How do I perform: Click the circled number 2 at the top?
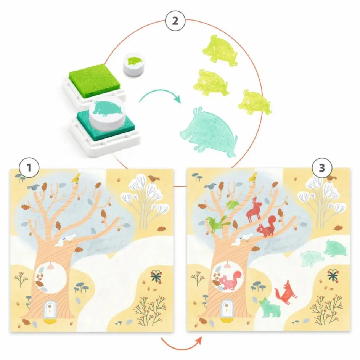[x=175, y=21]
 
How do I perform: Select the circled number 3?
[x=322, y=168]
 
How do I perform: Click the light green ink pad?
[x=94, y=81]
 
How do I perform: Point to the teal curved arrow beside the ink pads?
[x=160, y=95]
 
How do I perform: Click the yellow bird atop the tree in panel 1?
[x=76, y=178]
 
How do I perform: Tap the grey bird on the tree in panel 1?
[x=34, y=188]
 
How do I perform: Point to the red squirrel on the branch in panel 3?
[x=266, y=227]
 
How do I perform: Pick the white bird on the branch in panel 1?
[x=64, y=240]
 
